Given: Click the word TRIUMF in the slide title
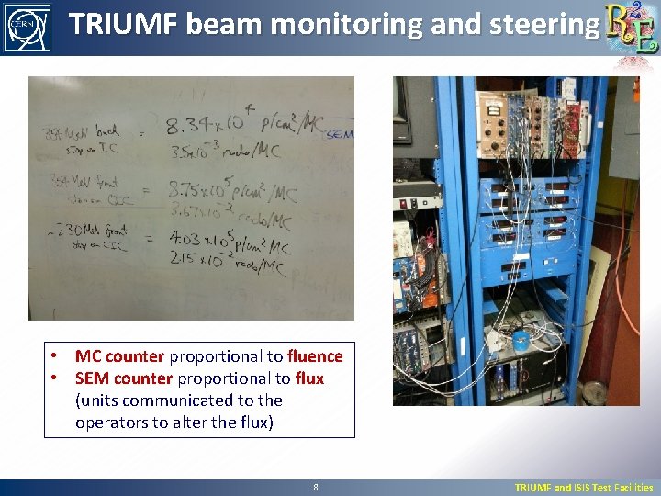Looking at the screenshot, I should point(122,24).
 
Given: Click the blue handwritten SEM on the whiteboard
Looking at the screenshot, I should point(339,134).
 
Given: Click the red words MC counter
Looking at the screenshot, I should point(119,356).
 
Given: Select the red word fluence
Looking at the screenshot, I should point(315,356).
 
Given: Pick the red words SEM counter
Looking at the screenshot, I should point(124,378).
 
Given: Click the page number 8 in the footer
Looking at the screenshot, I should point(315,488).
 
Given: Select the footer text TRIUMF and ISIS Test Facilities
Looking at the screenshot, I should point(584,488).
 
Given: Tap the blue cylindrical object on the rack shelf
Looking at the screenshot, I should point(520,339).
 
